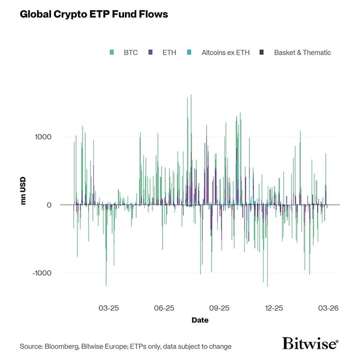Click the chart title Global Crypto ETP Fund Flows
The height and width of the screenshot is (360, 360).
pyautogui.click(x=94, y=14)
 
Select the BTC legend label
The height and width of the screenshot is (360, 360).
pyautogui.click(x=130, y=53)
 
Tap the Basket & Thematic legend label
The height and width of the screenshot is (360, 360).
pyautogui.click(x=302, y=53)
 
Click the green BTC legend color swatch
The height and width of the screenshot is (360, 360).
pyautogui.click(x=112, y=53)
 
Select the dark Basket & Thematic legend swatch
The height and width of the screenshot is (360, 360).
pyautogui.click(x=262, y=53)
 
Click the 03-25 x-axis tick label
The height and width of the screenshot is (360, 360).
pyautogui.click(x=109, y=308)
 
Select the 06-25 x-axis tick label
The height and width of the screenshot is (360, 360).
pyautogui.click(x=164, y=308)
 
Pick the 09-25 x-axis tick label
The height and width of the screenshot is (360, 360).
pyautogui.click(x=219, y=308)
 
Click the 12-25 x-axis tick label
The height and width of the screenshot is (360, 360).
pyautogui.click(x=274, y=308)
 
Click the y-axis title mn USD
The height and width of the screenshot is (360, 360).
pyautogui.click(x=24, y=190)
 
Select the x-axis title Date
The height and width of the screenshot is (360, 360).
pyautogui.click(x=200, y=320)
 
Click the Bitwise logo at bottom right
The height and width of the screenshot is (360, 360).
pyautogui.click(x=310, y=344)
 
